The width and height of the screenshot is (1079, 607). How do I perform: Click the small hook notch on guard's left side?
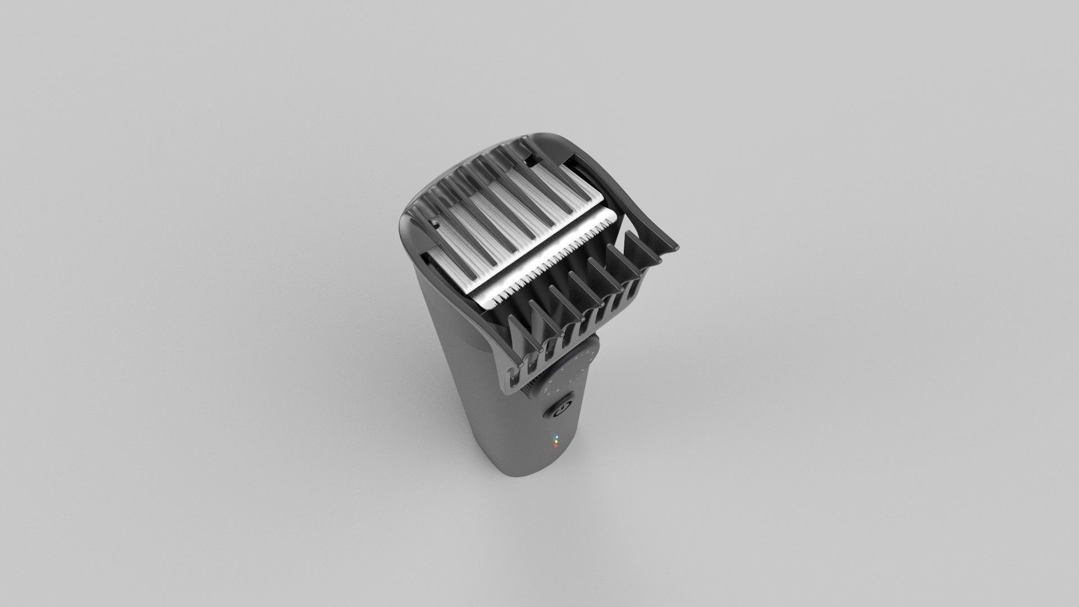pos(436,224)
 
